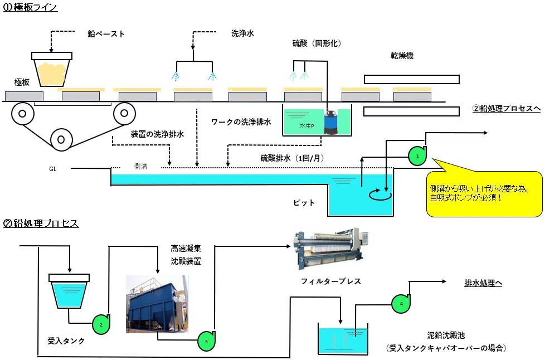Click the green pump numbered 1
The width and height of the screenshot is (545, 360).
point(417,156)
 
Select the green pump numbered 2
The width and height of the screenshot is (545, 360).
point(101,324)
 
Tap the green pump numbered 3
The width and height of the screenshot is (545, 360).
point(206,341)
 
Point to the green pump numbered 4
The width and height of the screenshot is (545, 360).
point(401,303)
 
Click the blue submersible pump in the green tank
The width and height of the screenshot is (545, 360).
point(330,121)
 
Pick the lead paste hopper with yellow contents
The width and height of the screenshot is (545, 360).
point(52,69)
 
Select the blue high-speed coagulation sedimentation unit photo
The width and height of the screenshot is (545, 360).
point(157,304)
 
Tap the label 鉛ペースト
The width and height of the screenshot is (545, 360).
point(106,33)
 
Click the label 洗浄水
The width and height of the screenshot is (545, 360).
point(242,33)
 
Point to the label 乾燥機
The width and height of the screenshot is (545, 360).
point(402,56)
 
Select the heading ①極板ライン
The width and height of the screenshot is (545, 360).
point(30,7)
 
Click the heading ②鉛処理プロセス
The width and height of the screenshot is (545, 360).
point(41,223)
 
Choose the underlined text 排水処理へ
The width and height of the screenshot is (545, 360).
point(483,283)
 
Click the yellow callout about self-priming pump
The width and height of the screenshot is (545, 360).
point(484,193)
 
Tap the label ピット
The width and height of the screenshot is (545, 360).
point(304,203)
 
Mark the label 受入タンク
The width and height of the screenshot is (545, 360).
point(66,341)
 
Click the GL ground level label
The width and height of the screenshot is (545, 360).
point(53,169)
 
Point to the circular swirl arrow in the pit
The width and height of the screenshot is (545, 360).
point(380,195)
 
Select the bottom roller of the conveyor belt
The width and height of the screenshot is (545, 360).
point(61,140)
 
